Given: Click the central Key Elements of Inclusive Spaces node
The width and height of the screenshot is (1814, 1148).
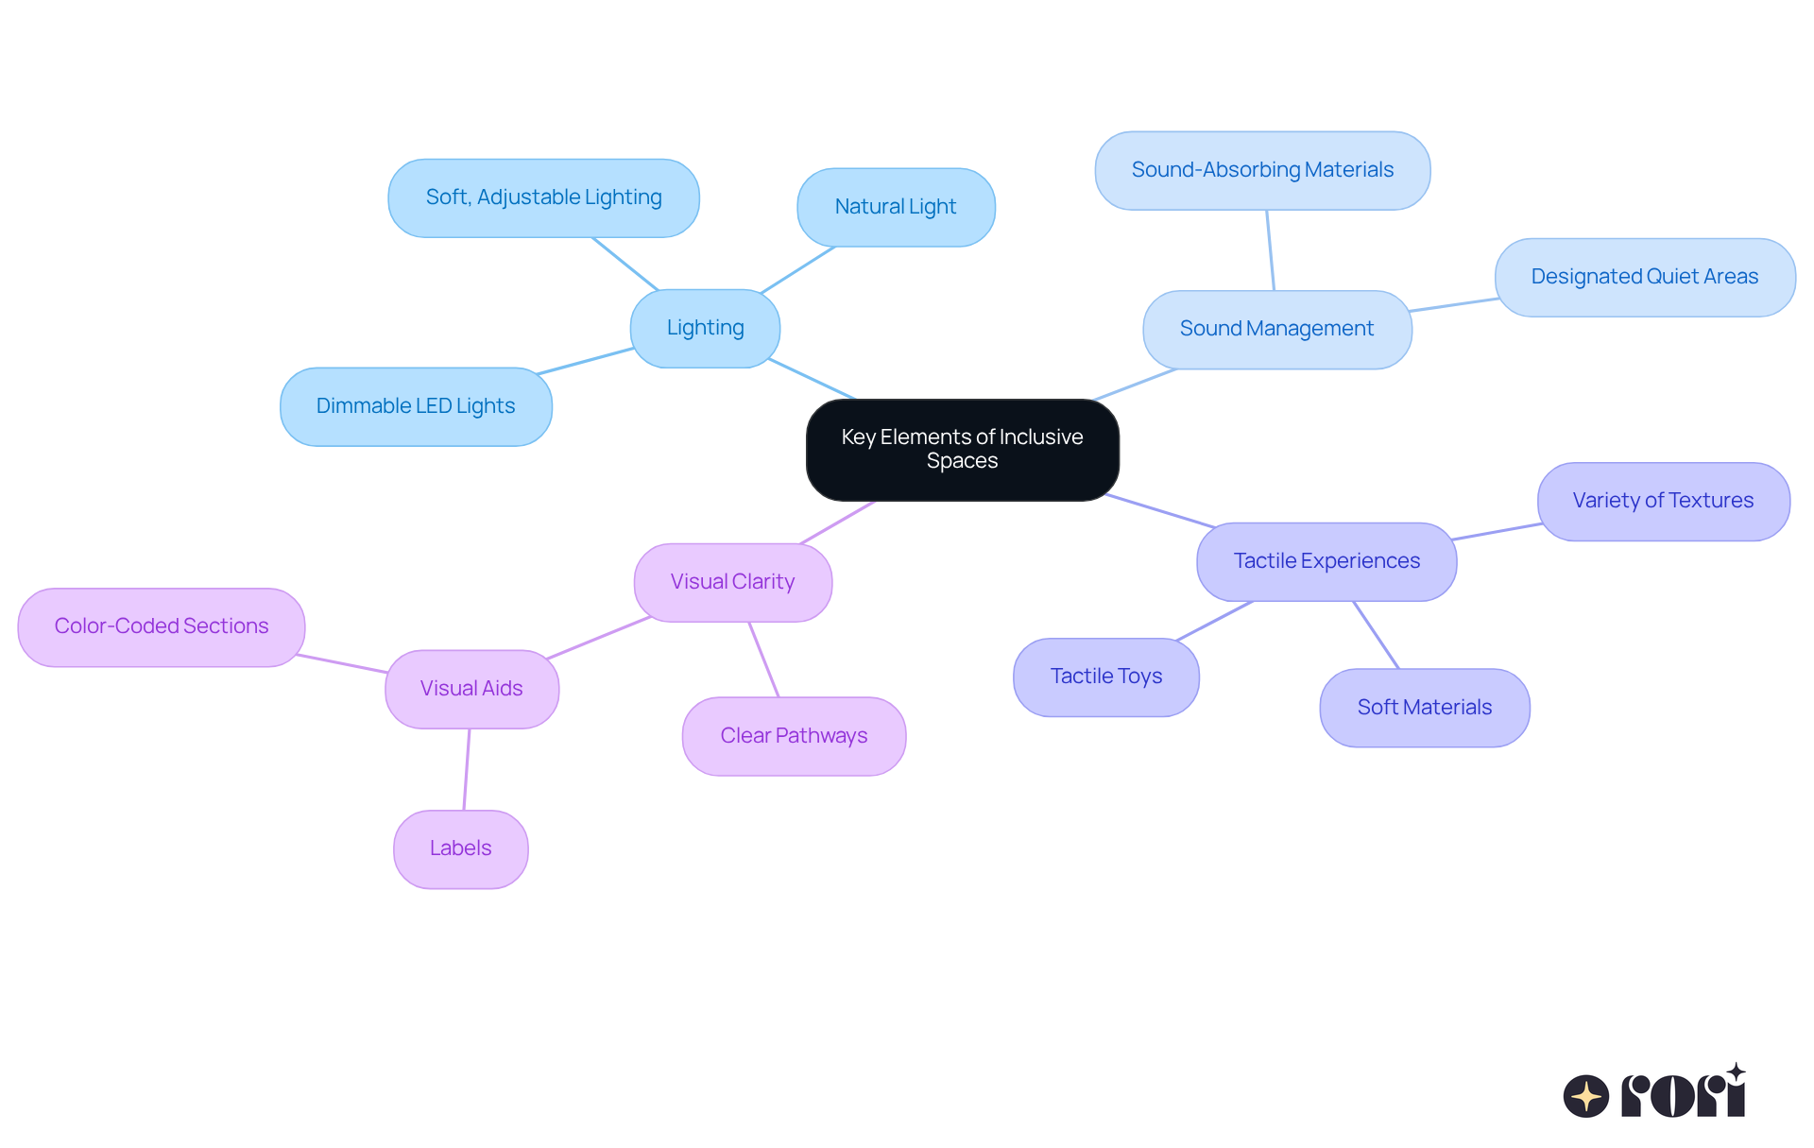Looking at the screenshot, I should coord(962,450).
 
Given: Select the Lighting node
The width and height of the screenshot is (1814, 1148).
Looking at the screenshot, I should coord(705,328).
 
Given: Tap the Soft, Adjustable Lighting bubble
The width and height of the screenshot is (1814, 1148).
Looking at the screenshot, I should coord(543,197).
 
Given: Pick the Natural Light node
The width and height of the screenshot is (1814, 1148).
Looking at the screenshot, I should coord(896,207).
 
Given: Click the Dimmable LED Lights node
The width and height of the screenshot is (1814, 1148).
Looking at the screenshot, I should coord(416,406).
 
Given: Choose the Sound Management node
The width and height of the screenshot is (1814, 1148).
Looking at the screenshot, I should coord(1276,329).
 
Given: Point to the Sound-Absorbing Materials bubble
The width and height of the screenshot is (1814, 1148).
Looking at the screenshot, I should coord(1262,170).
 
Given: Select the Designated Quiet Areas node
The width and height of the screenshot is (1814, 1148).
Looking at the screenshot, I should coord(1644,277).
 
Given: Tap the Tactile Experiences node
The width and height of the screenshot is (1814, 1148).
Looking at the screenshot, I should coord(1326,561).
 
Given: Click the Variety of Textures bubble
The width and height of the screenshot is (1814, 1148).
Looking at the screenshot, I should coord(1663,501).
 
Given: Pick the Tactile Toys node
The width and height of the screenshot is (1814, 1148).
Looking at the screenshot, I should coord(1106,677).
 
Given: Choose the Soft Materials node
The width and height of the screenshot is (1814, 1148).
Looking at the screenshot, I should coord(1424,708).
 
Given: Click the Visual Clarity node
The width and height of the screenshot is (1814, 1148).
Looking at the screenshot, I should coord(732,582).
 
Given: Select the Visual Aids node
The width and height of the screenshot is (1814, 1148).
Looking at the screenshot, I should coord(471,689).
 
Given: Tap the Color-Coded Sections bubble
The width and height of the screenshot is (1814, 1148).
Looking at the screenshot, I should coord(162,626).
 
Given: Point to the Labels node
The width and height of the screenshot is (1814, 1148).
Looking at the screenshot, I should coord(460,848).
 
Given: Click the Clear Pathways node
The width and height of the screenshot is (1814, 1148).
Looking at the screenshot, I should coord(794,736).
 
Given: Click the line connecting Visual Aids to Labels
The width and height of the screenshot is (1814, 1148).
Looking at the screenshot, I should coord(467,769).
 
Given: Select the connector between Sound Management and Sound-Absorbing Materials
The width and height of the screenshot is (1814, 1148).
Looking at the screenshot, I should coord(1271,250).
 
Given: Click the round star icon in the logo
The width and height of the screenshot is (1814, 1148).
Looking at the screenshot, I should coord(1585,1096).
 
